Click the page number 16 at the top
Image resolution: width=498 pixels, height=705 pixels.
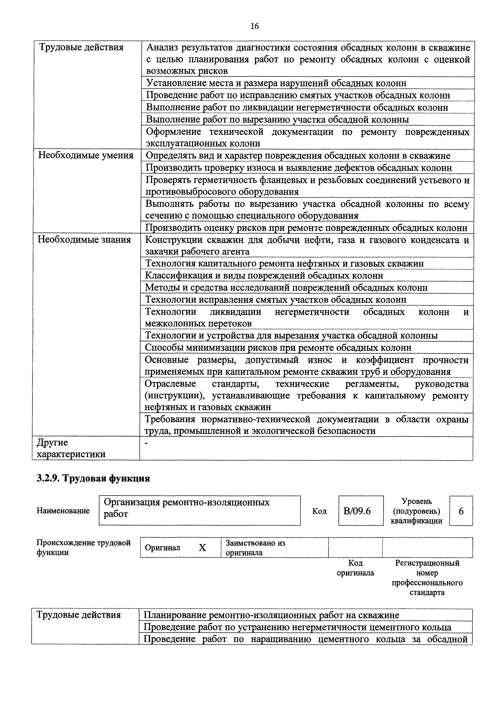pos(254,26)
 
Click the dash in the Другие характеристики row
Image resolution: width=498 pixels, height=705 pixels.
pos(146,443)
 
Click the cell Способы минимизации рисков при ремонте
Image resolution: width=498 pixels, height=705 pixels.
pos(278,348)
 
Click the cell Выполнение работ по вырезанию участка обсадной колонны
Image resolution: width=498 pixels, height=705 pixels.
pos(277,119)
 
